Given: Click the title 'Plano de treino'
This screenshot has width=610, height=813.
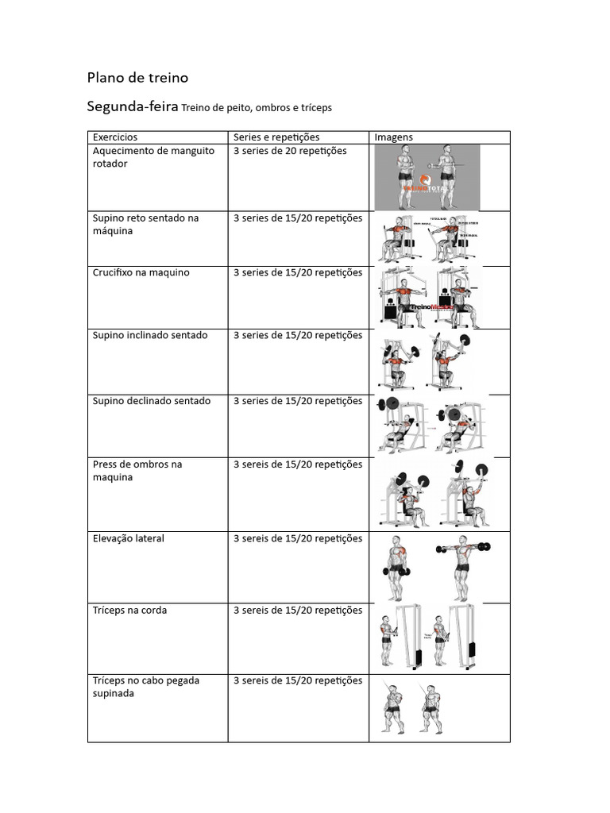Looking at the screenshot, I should click(x=137, y=78).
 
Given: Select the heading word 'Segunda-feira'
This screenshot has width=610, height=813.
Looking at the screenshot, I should click(x=132, y=106).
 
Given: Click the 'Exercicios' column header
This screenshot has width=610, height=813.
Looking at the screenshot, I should click(x=115, y=137).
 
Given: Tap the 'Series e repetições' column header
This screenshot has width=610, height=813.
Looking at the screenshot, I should click(x=276, y=137).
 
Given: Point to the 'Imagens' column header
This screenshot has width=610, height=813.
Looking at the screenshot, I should click(x=394, y=137).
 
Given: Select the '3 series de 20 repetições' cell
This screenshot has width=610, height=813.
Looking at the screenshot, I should click(x=290, y=151).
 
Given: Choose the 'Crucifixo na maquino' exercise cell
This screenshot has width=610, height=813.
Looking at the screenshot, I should click(x=141, y=272).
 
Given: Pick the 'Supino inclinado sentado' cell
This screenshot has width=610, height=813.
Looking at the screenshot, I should click(x=150, y=335).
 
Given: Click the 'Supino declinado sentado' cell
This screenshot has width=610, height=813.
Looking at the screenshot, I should click(x=152, y=401).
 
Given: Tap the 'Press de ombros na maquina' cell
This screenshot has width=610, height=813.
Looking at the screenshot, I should click(x=137, y=471).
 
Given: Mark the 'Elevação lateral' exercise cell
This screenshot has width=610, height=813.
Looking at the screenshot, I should click(x=129, y=538).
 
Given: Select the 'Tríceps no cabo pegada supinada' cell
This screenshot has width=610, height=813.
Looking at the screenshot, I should click(x=146, y=687).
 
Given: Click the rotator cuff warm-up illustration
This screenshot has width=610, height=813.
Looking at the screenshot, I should click(x=427, y=176).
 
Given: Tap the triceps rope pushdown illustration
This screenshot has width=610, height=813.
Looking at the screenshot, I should click(x=429, y=637).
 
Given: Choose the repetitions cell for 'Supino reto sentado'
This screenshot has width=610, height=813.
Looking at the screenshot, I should click(x=298, y=218).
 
